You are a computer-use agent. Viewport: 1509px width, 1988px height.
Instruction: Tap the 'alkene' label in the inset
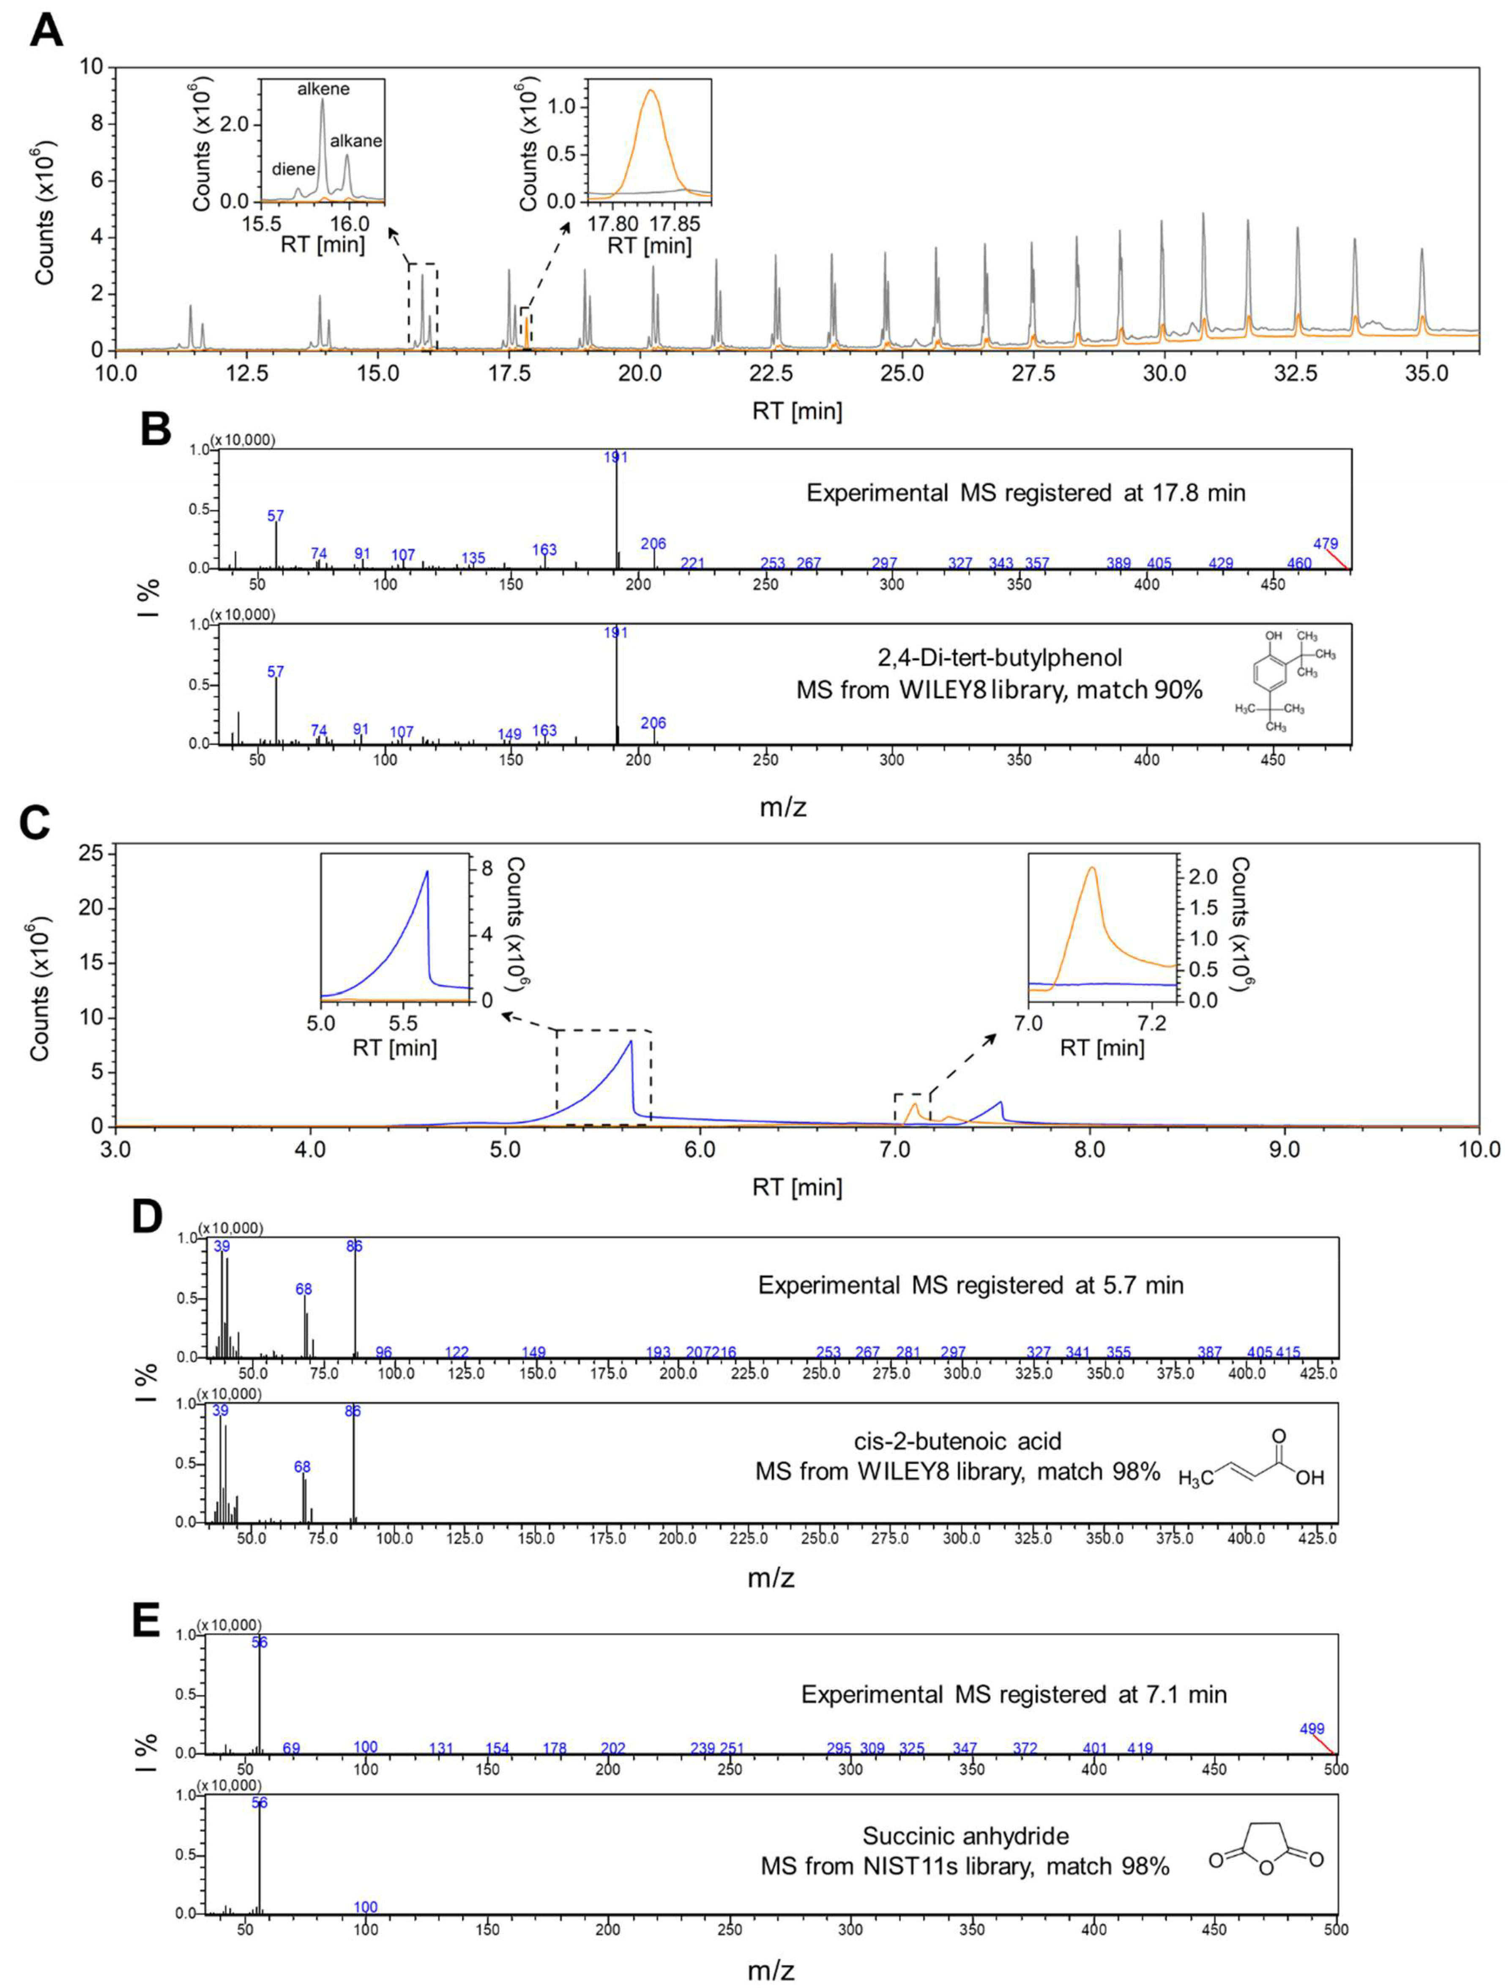coord(323,89)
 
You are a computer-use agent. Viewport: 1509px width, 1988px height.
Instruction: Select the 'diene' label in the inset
coord(294,169)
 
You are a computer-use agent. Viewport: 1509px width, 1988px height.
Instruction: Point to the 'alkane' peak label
coord(356,141)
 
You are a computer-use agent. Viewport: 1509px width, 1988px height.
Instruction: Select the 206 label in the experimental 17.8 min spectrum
coord(653,544)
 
